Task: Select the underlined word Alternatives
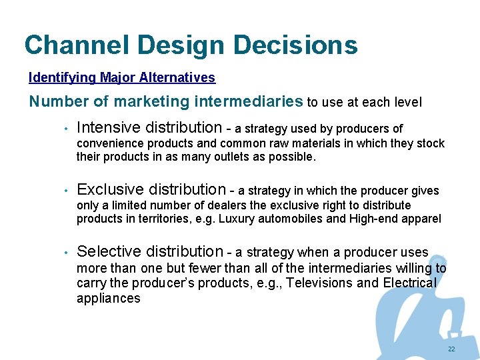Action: (x=177, y=77)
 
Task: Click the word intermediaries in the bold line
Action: (x=247, y=101)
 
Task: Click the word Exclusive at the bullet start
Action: (x=107, y=190)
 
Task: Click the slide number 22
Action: (x=452, y=349)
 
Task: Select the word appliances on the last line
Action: (x=108, y=298)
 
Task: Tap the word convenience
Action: (x=110, y=143)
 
